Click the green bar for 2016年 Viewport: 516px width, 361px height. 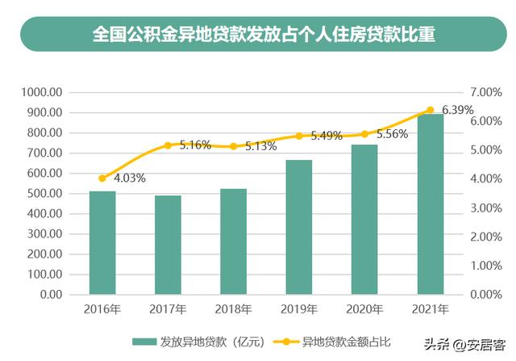pos(102,242)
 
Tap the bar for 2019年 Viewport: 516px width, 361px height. pos(298,227)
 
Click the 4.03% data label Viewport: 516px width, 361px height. pos(128,178)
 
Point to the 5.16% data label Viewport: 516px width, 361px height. pos(194,145)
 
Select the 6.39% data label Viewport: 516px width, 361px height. pos(457,110)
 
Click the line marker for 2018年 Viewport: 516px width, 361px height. pos(234,146)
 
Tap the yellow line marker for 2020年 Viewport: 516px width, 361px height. pos(364,134)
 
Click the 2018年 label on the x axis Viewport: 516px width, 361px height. pos(234,309)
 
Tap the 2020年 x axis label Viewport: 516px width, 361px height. pos(364,309)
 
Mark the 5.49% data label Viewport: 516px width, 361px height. pos(327,136)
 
